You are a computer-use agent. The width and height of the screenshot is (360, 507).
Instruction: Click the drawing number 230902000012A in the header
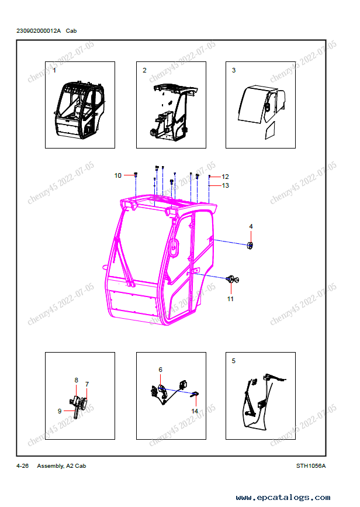point(39,31)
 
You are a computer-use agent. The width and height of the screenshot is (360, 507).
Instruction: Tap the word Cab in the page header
point(71,31)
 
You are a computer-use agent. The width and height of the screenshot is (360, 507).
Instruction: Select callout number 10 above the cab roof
point(117,175)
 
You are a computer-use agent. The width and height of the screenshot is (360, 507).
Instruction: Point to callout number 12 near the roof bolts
point(225,177)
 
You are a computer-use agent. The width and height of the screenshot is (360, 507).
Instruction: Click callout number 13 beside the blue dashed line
point(225,185)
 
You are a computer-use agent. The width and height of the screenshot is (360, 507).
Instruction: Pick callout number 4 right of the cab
point(251,226)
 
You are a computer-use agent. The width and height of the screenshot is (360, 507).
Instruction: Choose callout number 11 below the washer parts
point(230,299)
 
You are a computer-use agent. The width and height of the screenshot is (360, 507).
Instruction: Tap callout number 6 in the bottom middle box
point(160,369)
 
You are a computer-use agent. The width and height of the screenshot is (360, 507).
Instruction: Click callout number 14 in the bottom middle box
point(195,411)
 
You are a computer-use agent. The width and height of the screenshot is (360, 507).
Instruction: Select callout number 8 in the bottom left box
point(76,380)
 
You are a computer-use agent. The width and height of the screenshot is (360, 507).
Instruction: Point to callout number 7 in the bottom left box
point(87,384)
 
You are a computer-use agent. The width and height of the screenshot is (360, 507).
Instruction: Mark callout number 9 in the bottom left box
point(60,411)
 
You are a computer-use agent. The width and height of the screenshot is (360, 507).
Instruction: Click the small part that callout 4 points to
point(250,246)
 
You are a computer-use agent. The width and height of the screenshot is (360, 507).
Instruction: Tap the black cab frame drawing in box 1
point(79,111)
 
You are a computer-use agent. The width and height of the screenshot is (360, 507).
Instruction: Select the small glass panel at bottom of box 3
point(270,130)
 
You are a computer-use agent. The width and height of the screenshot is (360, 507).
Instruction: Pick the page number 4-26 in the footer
point(22,466)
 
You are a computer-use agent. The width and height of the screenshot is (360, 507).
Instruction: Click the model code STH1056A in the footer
point(311,466)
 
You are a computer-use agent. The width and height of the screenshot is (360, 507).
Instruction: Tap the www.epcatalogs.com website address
point(283,497)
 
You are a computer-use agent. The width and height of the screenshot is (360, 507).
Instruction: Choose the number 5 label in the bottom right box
point(234,361)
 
